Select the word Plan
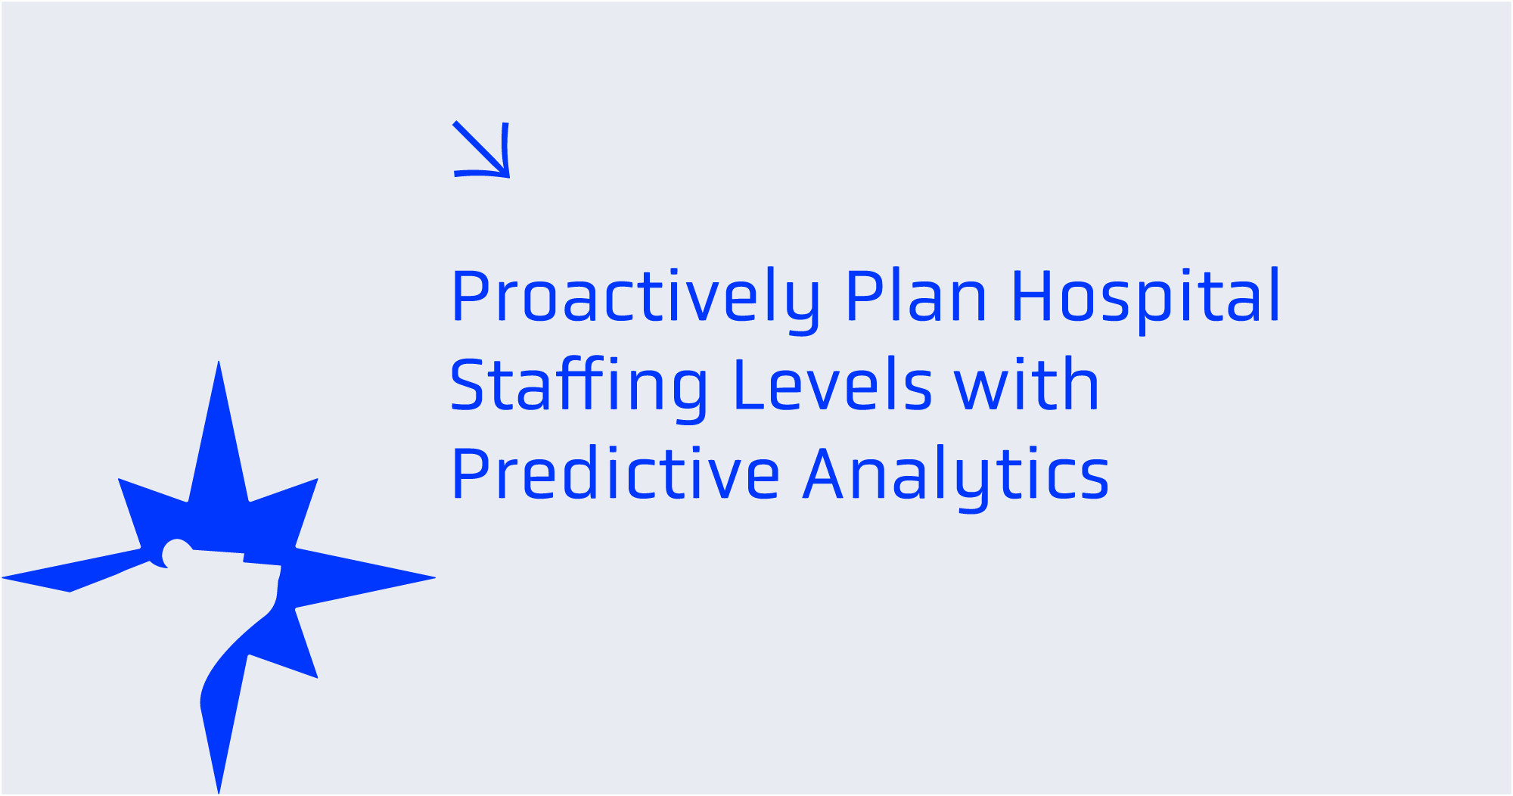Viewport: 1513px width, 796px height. tap(916, 296)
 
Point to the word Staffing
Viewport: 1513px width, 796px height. tap(579, 386)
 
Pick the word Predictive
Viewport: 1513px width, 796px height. tap(615, 474)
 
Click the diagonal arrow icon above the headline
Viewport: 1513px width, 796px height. tap(481, 149)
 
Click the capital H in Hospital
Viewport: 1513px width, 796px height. tap(1033, 296)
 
